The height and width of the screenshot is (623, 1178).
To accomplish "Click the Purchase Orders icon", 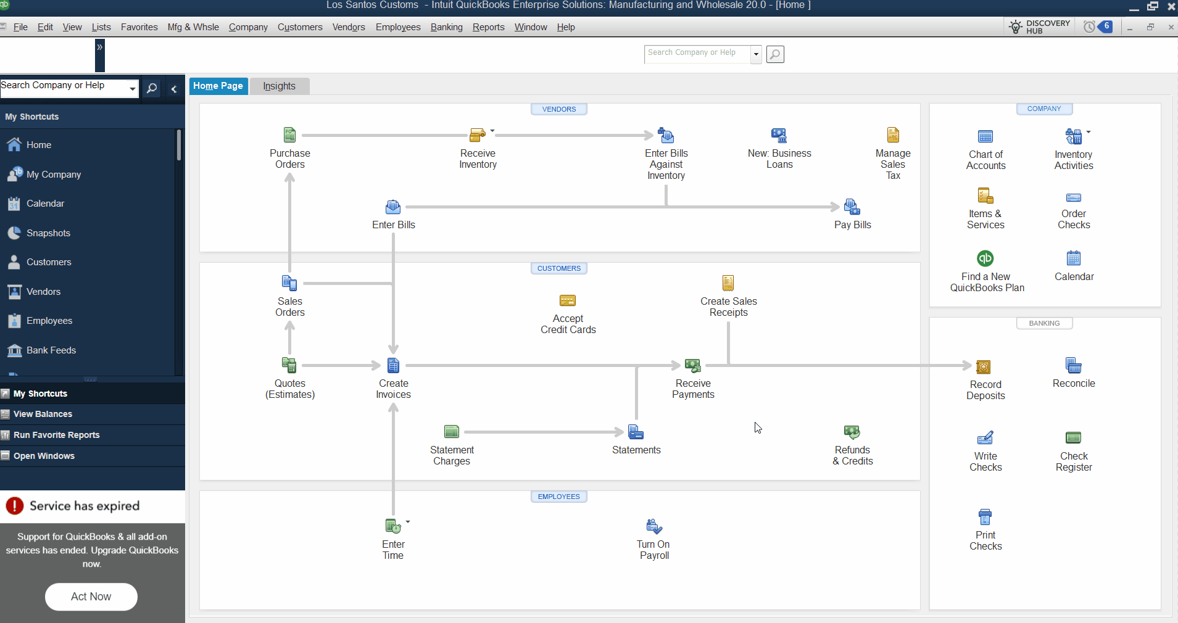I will pyautogui.click(x=289, y=135).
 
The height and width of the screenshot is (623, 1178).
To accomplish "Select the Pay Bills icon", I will pyautogui.click(x=852, y=207).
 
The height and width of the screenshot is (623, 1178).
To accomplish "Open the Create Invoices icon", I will pyautogui.click(x=393, y=366).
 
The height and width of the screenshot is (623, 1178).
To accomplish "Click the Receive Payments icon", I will pyautogui.click(x=693, y=366).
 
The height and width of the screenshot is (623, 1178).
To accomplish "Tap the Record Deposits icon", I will pyautogui.click(x=984, y=367).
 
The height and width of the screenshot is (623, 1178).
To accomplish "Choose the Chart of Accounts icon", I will pyautogui.click(x=985, y=136).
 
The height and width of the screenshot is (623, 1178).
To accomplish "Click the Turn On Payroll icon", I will pyautogui.click(x=653, y=526).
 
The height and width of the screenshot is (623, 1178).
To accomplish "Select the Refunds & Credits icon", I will pyautogui.click(x=852, y=432).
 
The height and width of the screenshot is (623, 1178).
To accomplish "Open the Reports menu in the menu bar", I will pyautogui.click(x=488, y=27).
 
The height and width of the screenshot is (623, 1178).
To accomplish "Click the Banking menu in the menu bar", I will pyautogui.click(x=446, y=27).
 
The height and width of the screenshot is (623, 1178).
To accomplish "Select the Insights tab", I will pyautogui.click(x=279, y=86).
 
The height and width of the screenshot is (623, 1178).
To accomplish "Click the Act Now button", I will pyautogui.click(x=91, y=596).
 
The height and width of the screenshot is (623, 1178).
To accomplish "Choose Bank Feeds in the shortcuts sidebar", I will pyautogui.click(x=51, y=350).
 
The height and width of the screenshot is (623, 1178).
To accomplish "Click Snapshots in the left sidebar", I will pyautogui.click(x=48, y=233).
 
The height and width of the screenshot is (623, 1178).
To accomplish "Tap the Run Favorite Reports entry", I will pyautogui.click(x=56, y=435).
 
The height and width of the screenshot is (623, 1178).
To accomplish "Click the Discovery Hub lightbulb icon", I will pyautogui.click(x=1015, y=27).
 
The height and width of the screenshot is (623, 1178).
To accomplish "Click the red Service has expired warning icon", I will pyautogui.click(x=15, y=506).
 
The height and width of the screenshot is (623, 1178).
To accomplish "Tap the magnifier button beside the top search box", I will pyautogui.click(x=775, y=54).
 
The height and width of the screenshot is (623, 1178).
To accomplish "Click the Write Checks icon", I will pyautogui.click(x=985, y=438).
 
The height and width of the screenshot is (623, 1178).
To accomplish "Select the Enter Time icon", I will pyautogui.click(x=392, y=526).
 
